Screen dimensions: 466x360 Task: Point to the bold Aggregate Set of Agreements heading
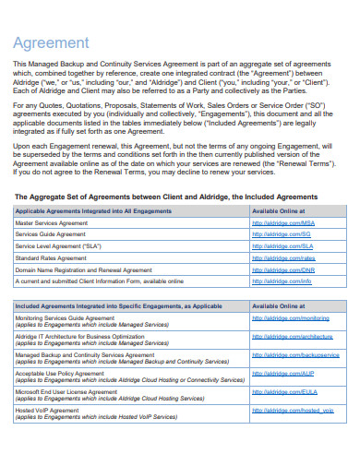click(166, 197)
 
